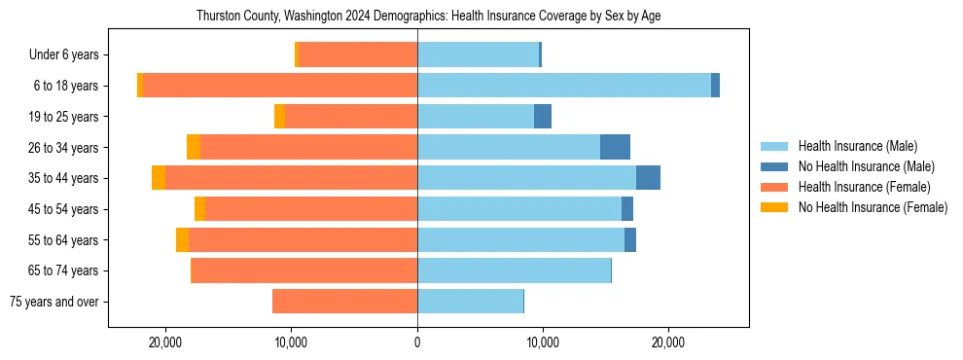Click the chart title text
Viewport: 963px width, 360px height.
[x=428, y=17]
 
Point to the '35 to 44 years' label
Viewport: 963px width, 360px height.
[x=64, y=178]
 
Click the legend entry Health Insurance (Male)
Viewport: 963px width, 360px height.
[x=857, y=146]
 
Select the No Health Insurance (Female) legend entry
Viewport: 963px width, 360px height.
[x=873, y=207]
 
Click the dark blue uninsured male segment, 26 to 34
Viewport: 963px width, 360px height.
[x=615, y=147]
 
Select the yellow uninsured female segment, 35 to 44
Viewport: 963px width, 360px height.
[x=159, y=178]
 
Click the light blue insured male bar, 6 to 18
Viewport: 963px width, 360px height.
[x=564, y=86]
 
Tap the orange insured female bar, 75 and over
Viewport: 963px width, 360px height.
[x=345, y=302]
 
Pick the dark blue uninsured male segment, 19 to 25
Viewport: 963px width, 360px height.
[x=543, y=117]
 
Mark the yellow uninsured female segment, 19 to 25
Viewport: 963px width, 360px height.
[x=280, y=117]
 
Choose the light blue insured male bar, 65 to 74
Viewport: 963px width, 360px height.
[x=514, y=270]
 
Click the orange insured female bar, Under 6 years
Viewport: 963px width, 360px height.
[x=358, y=54]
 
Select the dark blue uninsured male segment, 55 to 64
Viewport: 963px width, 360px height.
[x=630, y=239]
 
